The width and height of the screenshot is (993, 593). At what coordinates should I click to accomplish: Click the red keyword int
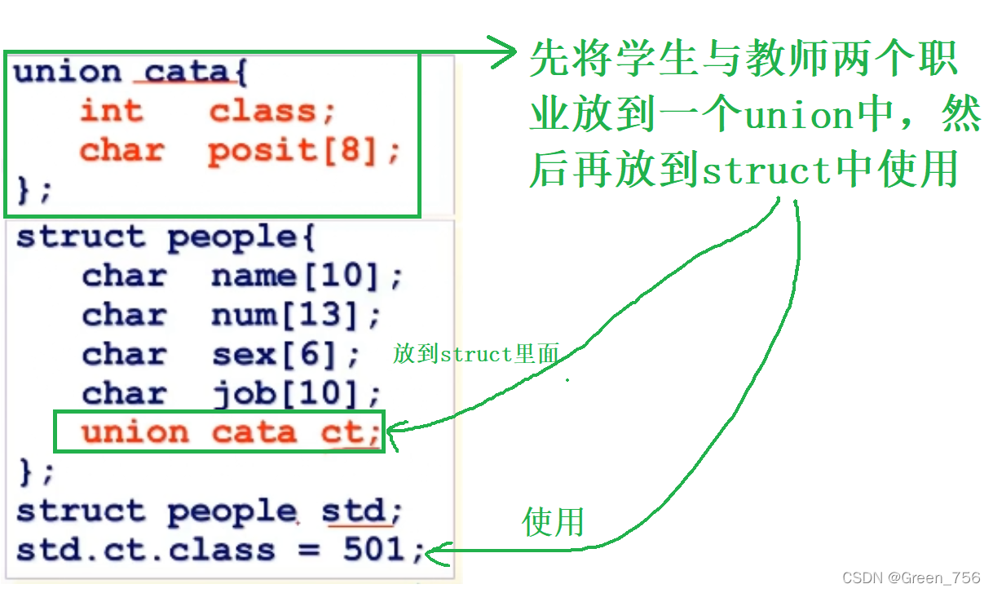tap(111, 111)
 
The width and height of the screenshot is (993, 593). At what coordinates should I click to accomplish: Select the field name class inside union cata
tap(262, 111)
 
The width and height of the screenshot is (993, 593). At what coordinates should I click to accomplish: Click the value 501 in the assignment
tap(374, 549)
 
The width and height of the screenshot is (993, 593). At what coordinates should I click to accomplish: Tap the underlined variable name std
tap(352, 511)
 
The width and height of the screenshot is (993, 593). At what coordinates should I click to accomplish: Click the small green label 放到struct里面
tap(476, 354)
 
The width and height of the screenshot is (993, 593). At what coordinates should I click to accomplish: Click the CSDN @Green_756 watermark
tap(911, 578)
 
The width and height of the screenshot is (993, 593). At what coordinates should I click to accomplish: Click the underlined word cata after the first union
tap(186, 72)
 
